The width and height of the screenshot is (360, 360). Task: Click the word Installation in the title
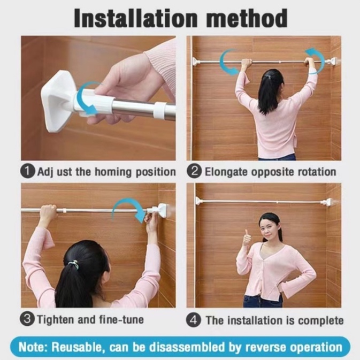coord(136,19)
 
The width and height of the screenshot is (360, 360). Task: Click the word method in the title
coord(247,18)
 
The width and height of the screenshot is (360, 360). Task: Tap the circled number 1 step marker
coord(28,171)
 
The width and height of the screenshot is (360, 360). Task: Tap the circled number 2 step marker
coord(194,171)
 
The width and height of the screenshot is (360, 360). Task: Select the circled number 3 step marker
coord(27,319)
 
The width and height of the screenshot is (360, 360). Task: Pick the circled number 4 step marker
coord(194,320)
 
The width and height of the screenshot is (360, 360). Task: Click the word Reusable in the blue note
coord(76,347)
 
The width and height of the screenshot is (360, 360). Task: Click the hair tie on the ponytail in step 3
coord(74,265)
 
